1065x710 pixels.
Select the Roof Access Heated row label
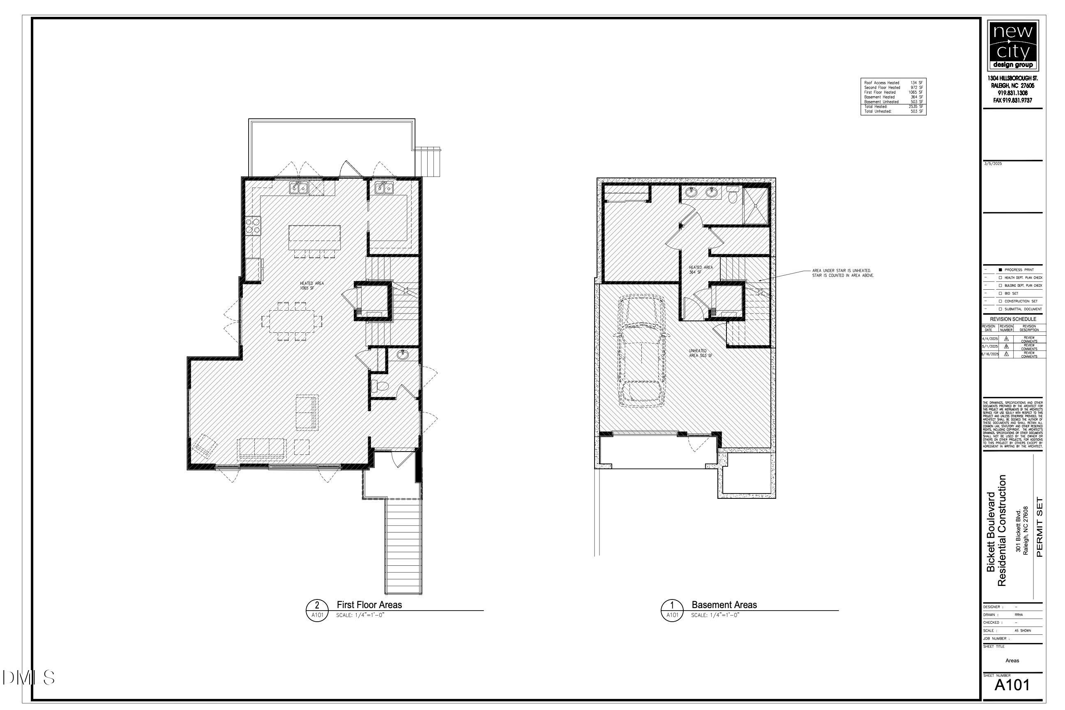882,83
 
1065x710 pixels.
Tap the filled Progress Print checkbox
1000,270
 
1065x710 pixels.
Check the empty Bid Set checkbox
1000,293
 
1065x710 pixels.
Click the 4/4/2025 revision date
990,339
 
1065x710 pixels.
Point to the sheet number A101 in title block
1012,685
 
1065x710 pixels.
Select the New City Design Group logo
1012,45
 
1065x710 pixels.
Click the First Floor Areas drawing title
369,605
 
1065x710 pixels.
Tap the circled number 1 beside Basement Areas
672,605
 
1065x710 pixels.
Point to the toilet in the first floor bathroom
380,386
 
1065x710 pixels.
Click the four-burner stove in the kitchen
253,226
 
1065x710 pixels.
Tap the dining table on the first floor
292,321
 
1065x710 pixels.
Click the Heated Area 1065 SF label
311,286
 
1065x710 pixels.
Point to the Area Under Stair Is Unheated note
843,273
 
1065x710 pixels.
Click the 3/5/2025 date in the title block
993,164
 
